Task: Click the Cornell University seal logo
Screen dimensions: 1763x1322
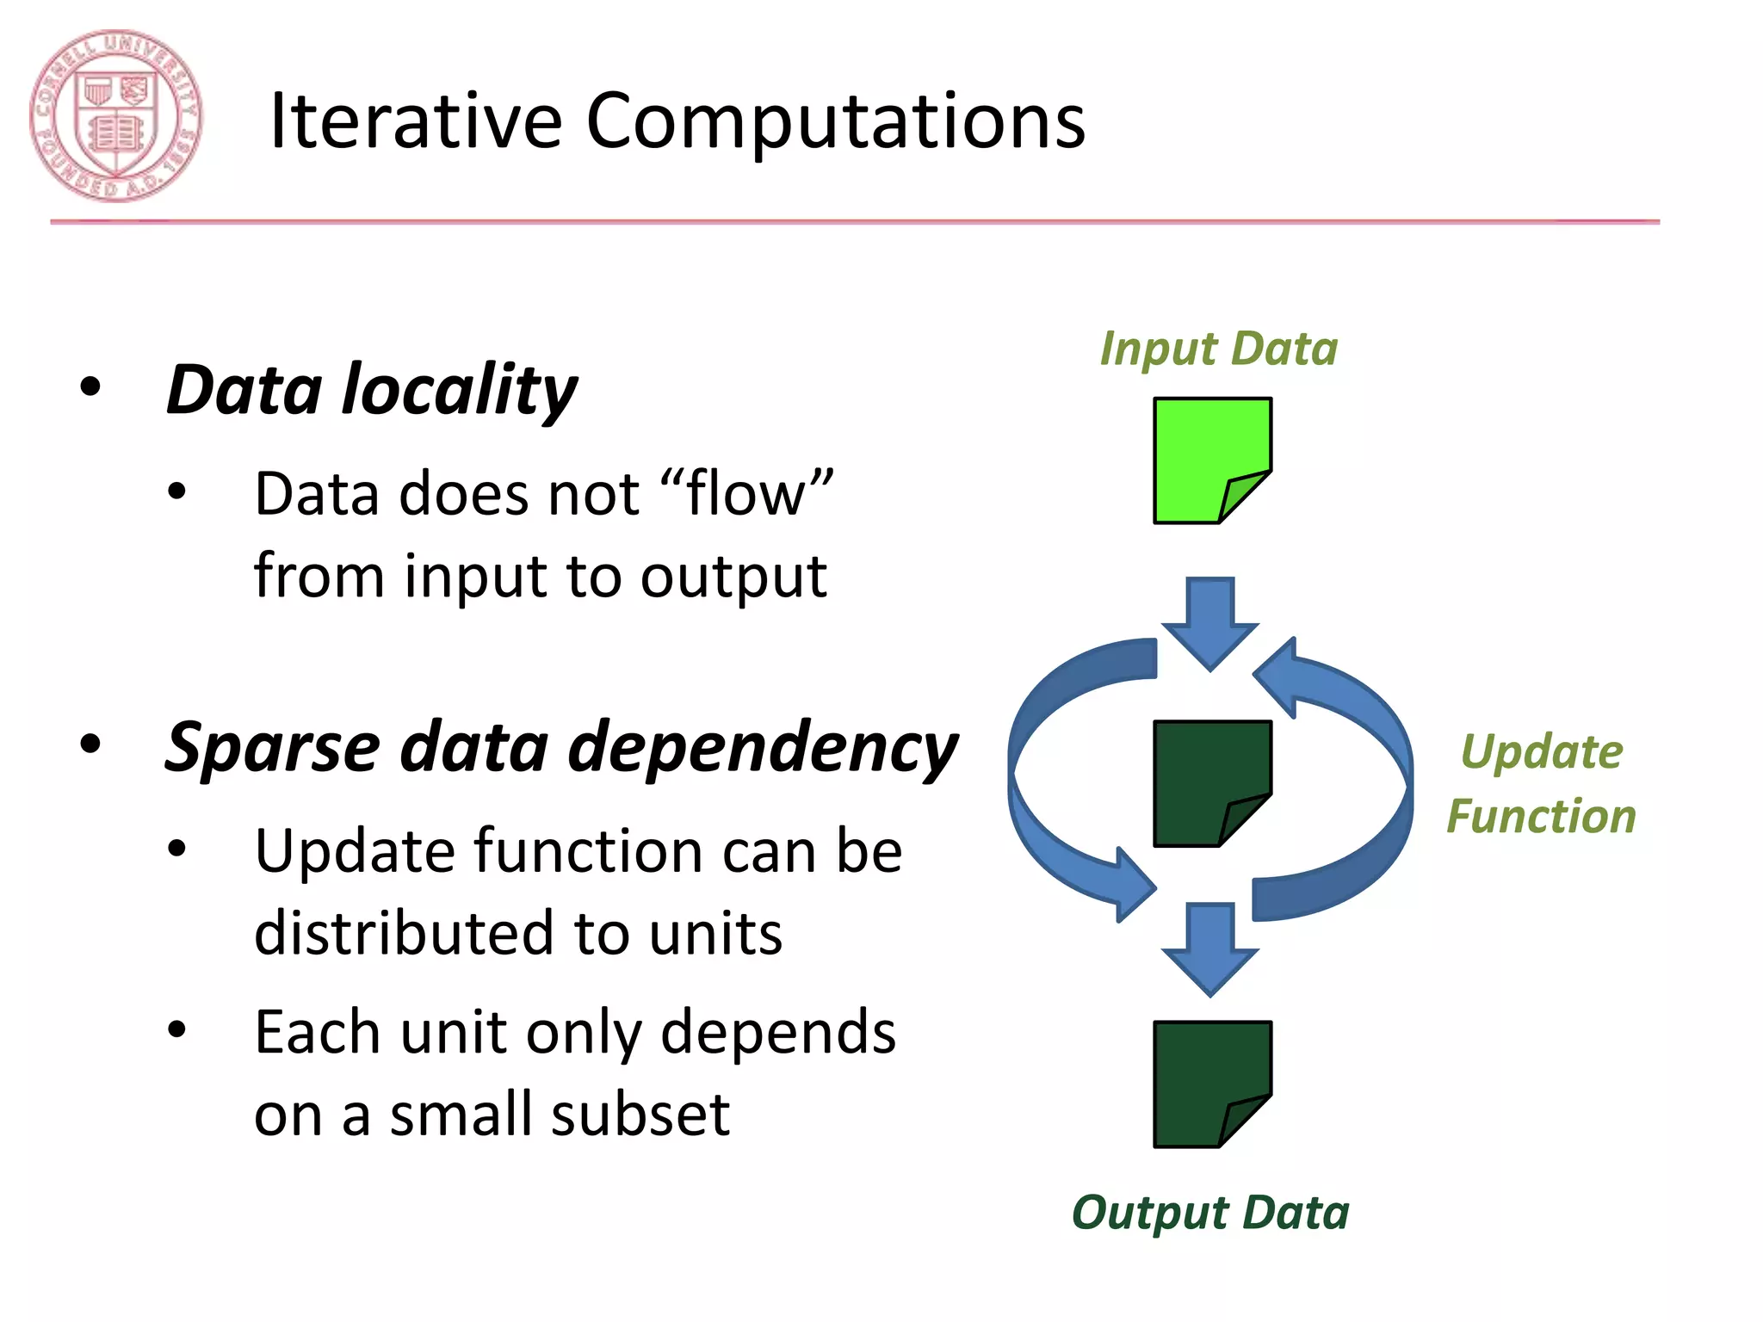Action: pos(116,116)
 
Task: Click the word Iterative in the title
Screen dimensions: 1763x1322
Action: pos(416,121)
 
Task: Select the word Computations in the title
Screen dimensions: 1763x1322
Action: pos(835,121)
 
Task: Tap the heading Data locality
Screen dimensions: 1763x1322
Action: pos(372,390)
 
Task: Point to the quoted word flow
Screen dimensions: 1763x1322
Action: pos(746,494)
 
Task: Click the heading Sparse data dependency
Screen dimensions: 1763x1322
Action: pos(561,747)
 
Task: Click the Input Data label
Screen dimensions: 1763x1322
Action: pos(1219,349)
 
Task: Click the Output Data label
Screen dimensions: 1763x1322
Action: pos(1210,1213)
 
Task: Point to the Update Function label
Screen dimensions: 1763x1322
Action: pos(1541,783)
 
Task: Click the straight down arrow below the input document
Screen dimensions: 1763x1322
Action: pos(1210,621)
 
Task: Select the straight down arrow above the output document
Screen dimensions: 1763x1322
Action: pos(1210,947)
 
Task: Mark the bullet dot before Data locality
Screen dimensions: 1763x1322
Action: pos(90,387)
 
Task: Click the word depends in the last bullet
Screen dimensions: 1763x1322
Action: pos(778,1033)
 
